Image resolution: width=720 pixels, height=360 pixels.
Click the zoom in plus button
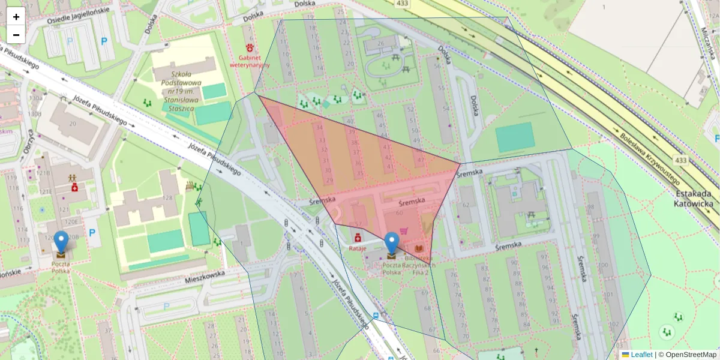click(16, 16)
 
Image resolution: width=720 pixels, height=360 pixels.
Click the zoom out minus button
click(16, 34)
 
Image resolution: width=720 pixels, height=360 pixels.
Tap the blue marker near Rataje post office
click(391, 244)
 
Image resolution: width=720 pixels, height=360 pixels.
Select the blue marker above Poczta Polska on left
click(61, 242)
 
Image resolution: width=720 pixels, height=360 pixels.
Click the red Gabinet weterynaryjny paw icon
click(250, 47)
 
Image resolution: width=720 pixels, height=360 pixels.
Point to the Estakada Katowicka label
click(694, 199)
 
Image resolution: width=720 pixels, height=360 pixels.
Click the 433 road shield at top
click(403, 4)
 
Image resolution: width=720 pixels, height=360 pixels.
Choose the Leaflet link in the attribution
click(641, 355)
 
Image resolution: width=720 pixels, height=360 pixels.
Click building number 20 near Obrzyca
click(73, 124)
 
